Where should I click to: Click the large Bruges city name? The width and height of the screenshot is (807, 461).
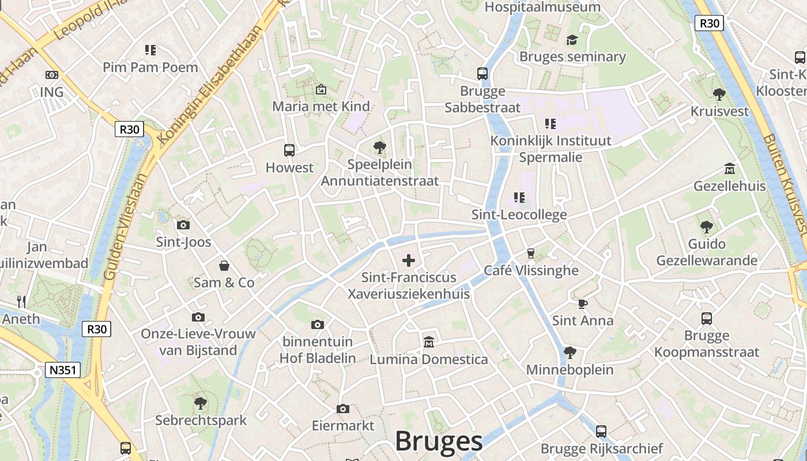[439, 441]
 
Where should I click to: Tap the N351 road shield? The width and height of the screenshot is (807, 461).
[63, 370]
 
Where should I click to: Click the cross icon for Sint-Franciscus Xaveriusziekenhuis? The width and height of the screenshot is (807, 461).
[409, 260]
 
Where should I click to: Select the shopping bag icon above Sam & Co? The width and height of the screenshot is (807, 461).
[224, 266]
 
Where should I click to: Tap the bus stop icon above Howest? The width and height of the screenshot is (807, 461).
[289, 150]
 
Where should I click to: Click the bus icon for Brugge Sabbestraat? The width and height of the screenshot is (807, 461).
[482, 74]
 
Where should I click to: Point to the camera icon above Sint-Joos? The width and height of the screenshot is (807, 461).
[183, 225]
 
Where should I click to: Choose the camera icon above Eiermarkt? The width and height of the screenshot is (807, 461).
[343, 409]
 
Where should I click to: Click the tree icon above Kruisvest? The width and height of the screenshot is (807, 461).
[719, 94]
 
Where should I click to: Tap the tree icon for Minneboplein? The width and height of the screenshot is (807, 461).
[570, 352]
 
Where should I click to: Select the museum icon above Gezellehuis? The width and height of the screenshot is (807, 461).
[730, 169]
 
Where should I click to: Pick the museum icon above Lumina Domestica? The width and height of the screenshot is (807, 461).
[428, 342]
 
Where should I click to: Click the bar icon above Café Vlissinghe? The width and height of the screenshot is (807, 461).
[531, 253]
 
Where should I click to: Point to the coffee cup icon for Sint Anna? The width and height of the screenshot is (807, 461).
[582, 304]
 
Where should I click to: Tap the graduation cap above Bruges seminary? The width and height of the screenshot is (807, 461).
[572, 40]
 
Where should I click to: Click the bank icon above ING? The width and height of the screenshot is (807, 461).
[52, 75]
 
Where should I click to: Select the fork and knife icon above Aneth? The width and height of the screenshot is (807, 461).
[21, 301]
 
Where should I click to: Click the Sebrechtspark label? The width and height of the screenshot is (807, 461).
[201, 421]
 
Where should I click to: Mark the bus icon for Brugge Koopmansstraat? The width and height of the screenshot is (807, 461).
[707, 319]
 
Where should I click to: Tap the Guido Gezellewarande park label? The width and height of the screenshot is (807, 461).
[707, 252]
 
